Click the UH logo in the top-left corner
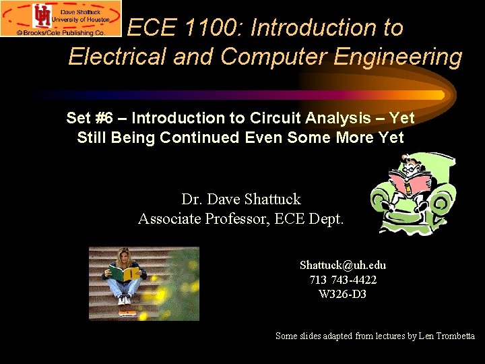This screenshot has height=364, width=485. (x=42, y=15)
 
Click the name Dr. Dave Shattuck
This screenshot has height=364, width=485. (x=240, y=200)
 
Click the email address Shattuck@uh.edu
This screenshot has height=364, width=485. (x=342, y=266)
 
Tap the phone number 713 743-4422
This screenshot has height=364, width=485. (x=342, y=280)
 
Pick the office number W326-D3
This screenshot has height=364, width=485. (x=342, y=294)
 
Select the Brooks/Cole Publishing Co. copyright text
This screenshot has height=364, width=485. (x=61, y=32)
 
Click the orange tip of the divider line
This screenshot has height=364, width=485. (x=431, y=95)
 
